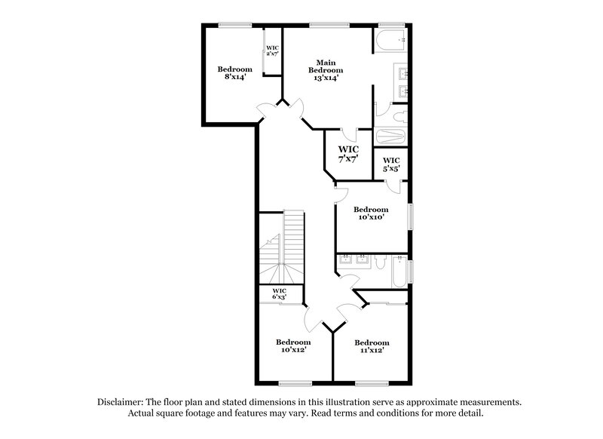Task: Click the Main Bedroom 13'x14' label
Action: [326, 69]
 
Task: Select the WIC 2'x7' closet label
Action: [272, 51]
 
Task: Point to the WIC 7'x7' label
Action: [347, 154]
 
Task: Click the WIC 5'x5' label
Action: [391, 164]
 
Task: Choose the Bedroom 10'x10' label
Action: [371, 213]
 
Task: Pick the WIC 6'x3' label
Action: [279, 293]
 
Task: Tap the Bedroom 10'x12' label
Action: [293, 345]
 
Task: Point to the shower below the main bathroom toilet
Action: [390, 138]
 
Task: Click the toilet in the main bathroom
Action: [398, 116]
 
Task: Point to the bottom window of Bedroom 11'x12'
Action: [372, 383]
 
